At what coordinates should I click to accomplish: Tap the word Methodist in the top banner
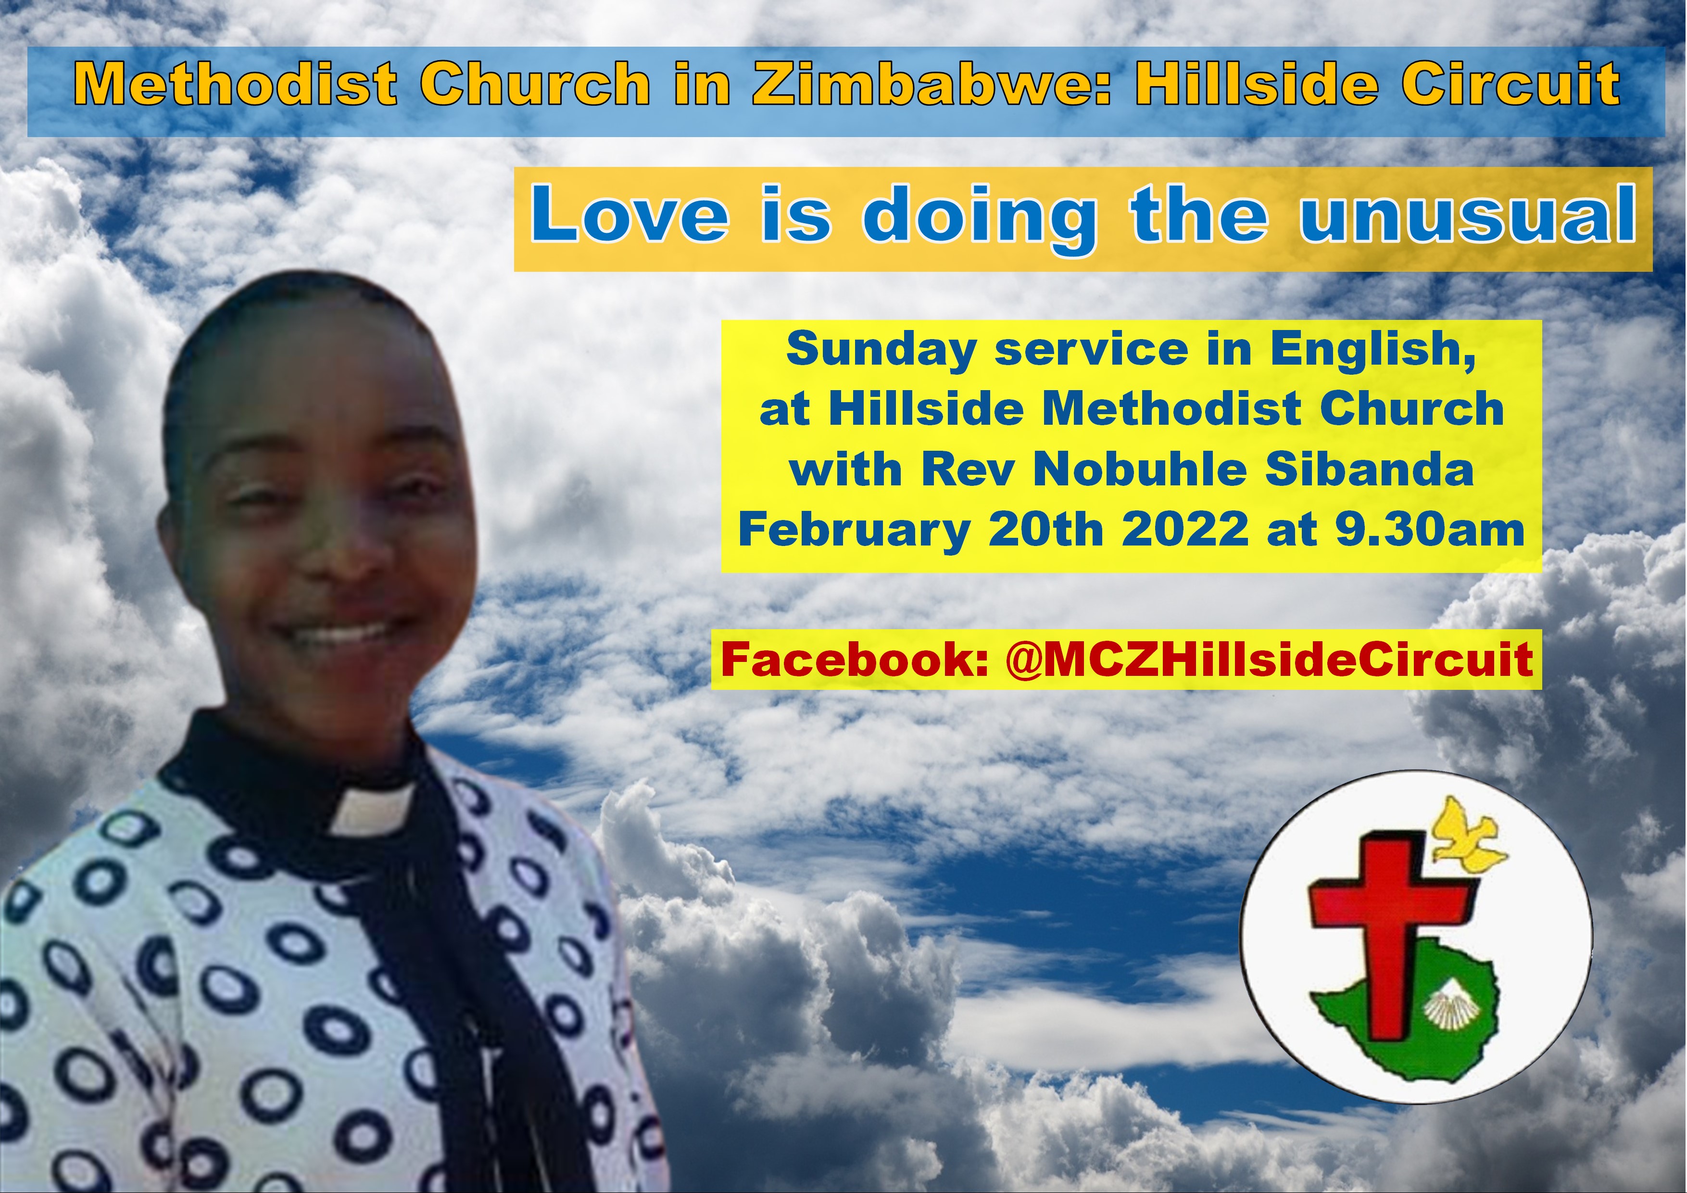click(x=235, y=84)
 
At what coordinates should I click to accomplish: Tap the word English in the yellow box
click(x=1372, y=351)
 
